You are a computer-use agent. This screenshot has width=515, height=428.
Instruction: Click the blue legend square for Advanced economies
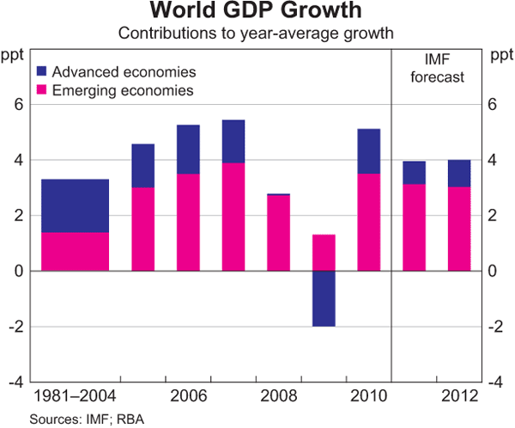pos(41,72)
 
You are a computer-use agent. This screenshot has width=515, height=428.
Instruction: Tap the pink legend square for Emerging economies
pos(41,90)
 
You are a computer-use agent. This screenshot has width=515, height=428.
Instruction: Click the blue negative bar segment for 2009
pos(323,298)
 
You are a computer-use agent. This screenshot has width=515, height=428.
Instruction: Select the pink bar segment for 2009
pos(323,253)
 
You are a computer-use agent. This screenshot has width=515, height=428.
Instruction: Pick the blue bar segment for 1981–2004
pos(76,205)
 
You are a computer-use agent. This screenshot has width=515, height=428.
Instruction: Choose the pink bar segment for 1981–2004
pos(76,251)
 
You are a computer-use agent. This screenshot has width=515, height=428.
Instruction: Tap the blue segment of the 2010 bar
pos(368,151)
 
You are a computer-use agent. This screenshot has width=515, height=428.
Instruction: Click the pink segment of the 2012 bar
pos(460,229)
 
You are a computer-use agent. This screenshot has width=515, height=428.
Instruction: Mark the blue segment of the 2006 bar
pos(188,150)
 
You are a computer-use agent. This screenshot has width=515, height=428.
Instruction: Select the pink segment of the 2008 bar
pos(277,233)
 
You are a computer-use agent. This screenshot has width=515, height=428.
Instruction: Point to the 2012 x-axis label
pos(460,398)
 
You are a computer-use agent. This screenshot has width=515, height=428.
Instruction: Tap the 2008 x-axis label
pos(277,398)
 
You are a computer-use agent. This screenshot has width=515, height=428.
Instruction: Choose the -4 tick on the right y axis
pos(496,382)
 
